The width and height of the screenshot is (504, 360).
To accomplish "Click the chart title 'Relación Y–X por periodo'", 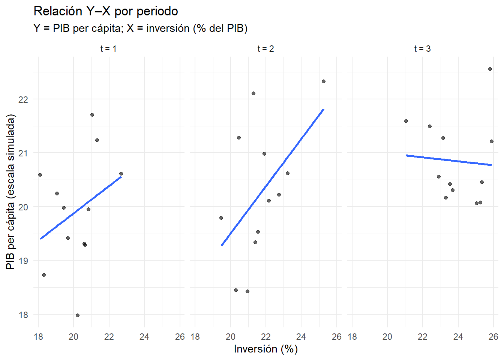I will (x=106, y=11).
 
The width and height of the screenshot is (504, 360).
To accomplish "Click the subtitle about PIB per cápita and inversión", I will (x=140, y=28).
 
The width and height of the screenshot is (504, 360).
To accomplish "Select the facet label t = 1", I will (x=108, y=49).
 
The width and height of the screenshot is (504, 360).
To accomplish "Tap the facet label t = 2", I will (x=265, y=49).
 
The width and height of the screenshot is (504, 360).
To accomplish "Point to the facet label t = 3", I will (x=422, y=49).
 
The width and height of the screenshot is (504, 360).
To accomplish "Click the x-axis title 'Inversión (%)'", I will (x=265, y=349).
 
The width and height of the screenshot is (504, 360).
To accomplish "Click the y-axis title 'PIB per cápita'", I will (x=10, y=192).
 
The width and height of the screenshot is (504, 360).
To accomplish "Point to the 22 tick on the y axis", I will (x=23, y=99).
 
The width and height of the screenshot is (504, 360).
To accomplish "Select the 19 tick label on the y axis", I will (x=23, y=261).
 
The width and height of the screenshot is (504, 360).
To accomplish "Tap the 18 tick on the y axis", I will (x=23, y=315).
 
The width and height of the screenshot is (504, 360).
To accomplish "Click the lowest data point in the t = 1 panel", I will (x=78, y=315).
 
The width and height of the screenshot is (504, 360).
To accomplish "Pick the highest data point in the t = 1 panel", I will (x=92, y=115).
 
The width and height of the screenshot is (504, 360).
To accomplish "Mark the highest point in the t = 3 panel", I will (x=490, y=69).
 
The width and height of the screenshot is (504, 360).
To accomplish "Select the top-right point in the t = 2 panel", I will (x=324, y=81).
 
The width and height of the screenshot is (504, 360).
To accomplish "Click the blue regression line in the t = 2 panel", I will (x=273, y=177).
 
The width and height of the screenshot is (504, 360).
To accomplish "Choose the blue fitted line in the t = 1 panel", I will (x=81, y=207).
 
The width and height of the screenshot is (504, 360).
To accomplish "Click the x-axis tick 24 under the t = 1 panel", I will (x=144, y=337).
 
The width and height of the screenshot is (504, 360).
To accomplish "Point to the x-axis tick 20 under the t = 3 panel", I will (x=387, y=337).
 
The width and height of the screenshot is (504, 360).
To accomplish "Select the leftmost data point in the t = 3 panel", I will (x=406, y=121).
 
